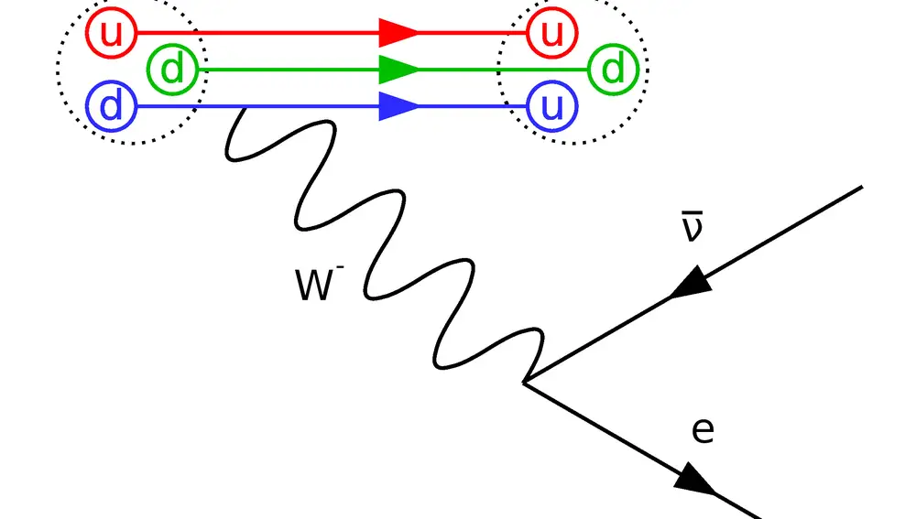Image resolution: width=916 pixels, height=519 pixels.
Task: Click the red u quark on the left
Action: (111, 33)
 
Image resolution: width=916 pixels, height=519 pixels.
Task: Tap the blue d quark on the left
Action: (111, 106)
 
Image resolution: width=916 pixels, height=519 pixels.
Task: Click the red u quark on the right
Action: (551, 33)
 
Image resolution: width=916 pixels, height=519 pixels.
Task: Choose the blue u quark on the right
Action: (551, 106)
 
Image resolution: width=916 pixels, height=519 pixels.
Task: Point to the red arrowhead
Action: (398, 33)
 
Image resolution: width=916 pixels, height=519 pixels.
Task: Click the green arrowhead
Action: (398, 70)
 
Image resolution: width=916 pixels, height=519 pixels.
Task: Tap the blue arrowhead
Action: (398, 106)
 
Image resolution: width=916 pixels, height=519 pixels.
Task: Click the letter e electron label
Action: (703, 430)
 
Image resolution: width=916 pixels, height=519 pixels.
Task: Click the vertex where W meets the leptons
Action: (524, 383)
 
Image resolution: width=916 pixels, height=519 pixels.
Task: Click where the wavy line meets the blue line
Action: (240, 108)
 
